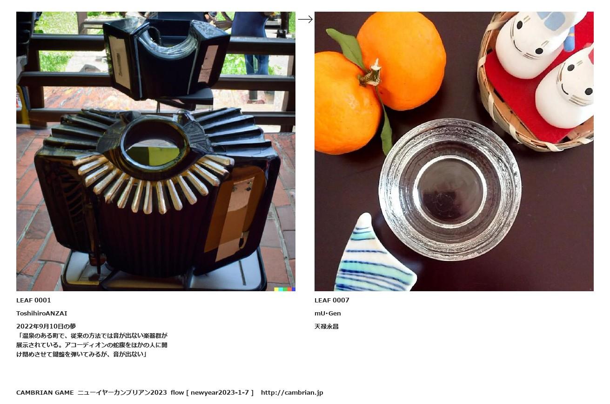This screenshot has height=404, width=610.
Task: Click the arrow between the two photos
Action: coord(305,20)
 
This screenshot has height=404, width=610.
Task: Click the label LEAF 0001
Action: coord(34,301)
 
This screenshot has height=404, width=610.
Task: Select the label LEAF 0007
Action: coord(332,301)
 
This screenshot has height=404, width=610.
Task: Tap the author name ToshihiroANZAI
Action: coord(42,314)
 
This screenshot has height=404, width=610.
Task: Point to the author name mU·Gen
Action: coord(328,314)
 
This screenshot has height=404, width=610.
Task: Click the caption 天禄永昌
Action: coord(327,327)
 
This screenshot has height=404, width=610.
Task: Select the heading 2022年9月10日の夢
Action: coord(46,326)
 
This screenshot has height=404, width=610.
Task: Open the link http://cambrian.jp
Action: coord(292,392)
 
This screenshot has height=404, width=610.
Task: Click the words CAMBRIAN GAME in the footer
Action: coord(45,392)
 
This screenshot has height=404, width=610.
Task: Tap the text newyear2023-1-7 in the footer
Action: coord(220,392)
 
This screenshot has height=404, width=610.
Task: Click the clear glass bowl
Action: coord(450,189)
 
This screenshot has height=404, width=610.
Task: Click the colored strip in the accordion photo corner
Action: coord(285,289)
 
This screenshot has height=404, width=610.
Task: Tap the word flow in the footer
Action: coord(177,392)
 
